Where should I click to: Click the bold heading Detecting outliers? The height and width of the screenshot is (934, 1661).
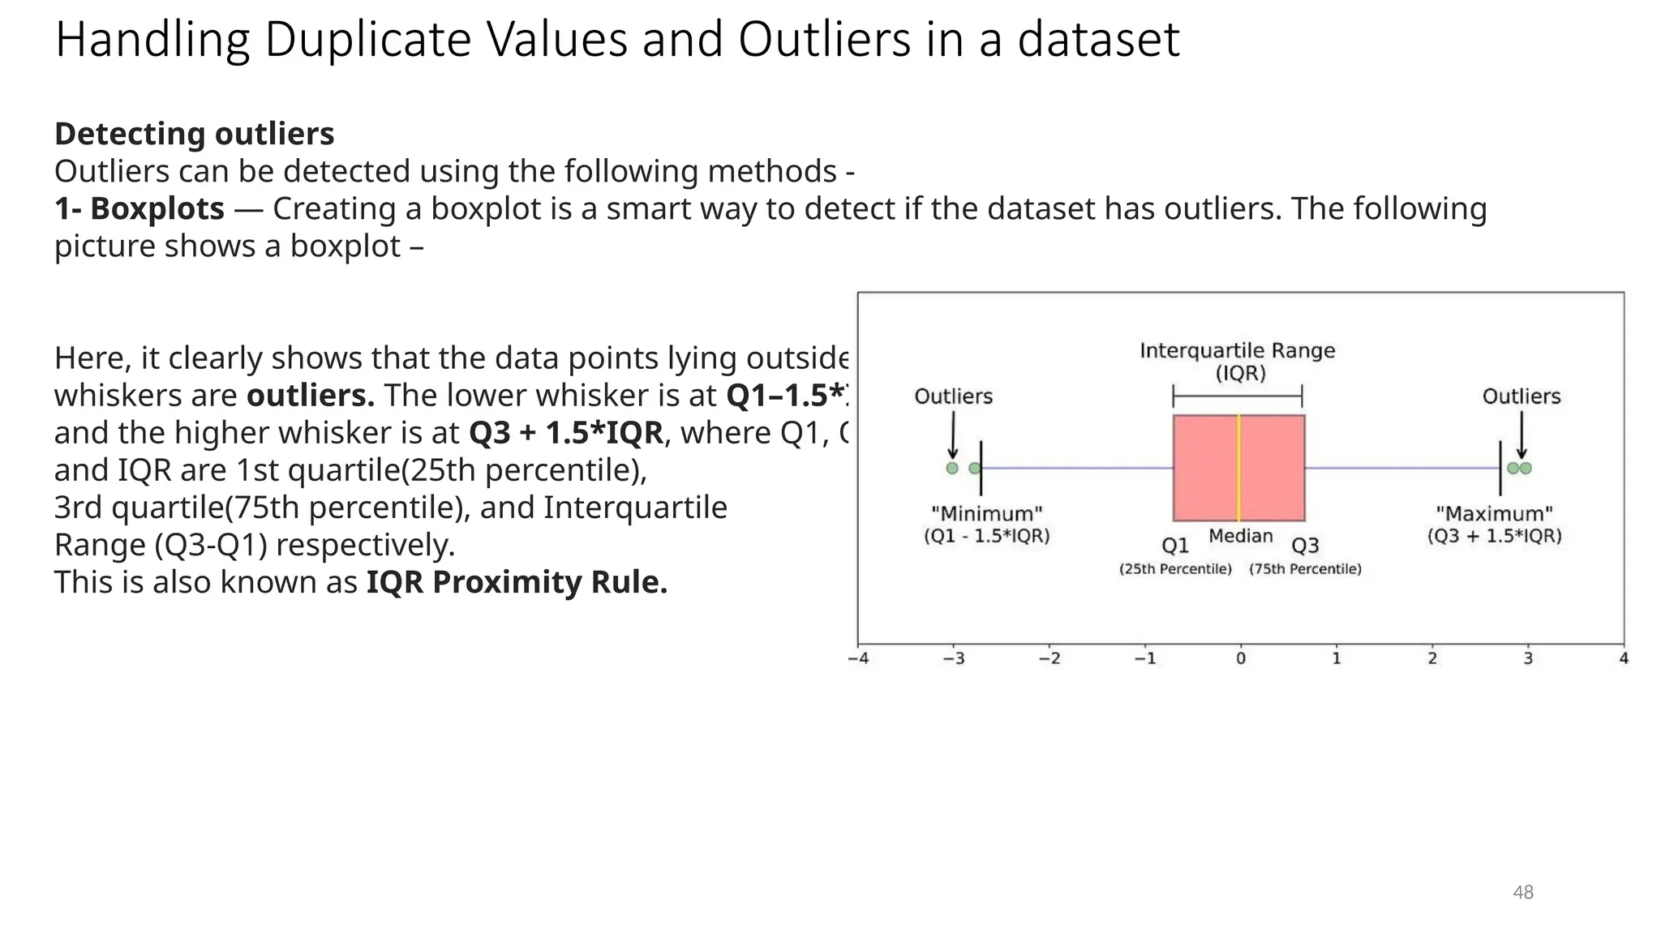point(194,134)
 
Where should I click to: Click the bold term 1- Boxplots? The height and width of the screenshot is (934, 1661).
point(139,208)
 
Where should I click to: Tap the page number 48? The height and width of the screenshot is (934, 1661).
point(1522,892)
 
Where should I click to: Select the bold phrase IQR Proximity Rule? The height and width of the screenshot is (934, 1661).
point(517,582)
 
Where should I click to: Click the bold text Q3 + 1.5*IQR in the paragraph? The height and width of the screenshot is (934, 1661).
point(566,433)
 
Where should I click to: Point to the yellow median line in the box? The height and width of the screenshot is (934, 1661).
point(1238,468)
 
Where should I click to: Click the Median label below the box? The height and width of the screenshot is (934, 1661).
point(1240,536)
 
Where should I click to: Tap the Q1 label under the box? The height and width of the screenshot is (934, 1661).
point(1175,546)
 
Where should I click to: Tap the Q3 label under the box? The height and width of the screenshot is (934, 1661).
point(1305,546)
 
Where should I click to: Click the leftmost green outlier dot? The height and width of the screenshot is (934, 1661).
point(952,468)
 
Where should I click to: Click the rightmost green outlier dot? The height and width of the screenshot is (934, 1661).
point(1526,468)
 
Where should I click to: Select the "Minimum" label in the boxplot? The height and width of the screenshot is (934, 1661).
point(986,514)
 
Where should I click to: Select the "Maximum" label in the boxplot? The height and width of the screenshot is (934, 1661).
point(1494,514)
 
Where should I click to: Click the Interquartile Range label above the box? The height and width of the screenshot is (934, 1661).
point(1237,351)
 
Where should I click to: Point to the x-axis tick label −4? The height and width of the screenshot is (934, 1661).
point(858,658)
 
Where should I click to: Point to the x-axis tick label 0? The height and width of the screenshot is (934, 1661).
point(1241,658)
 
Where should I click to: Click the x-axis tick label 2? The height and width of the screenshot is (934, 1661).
point(1432,658)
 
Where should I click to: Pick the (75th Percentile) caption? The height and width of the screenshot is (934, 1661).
point(1305,569)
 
